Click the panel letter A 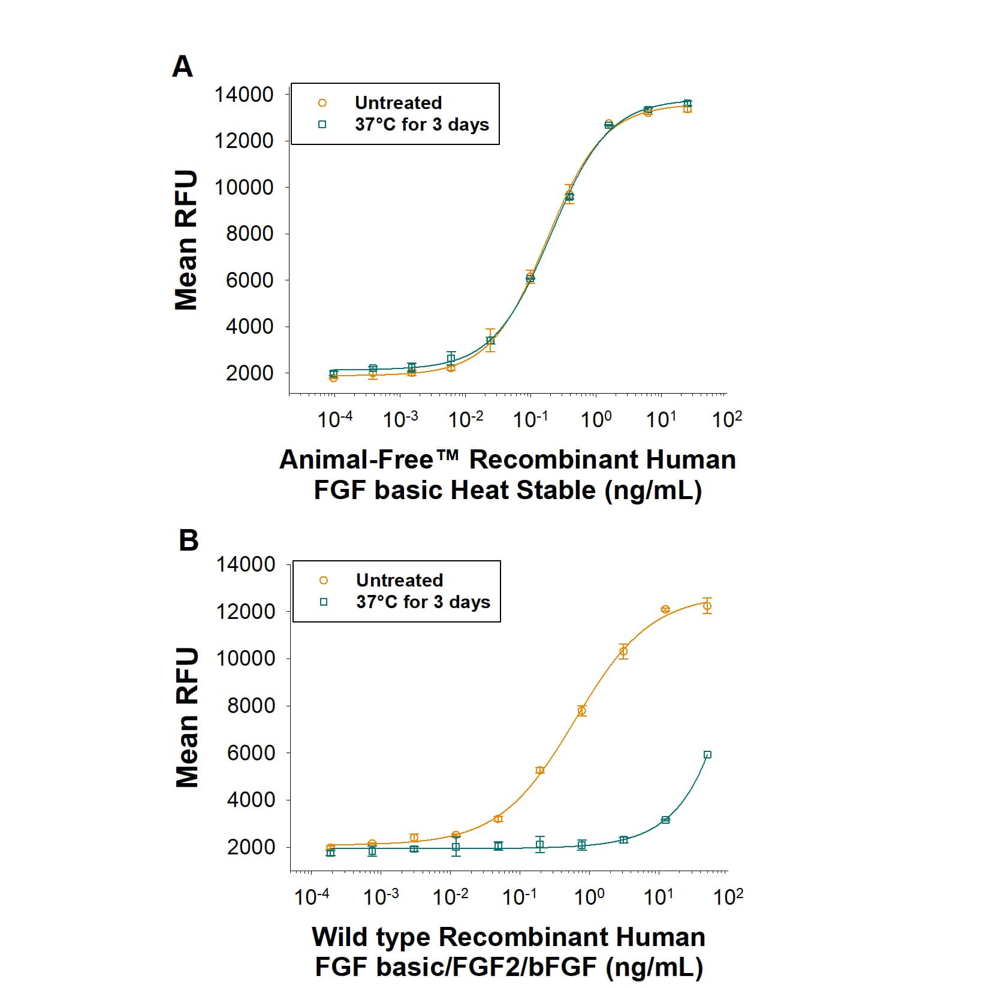tap(183, 67)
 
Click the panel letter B tap(188, 540)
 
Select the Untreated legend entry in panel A tap(397, 103)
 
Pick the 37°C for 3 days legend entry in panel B tap(423, 602)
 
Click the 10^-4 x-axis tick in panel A tap(335, 419)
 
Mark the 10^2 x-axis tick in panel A tap(726, 419)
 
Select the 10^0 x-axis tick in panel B tap(590, 896)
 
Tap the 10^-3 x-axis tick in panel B tap(381, 896)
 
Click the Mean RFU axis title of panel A tap(186, 240)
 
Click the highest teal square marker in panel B tap(707, 755)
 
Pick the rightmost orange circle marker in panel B tap(707, 606)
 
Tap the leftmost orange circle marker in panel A tap(333, 378)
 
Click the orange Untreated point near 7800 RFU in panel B tap(581, 711)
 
